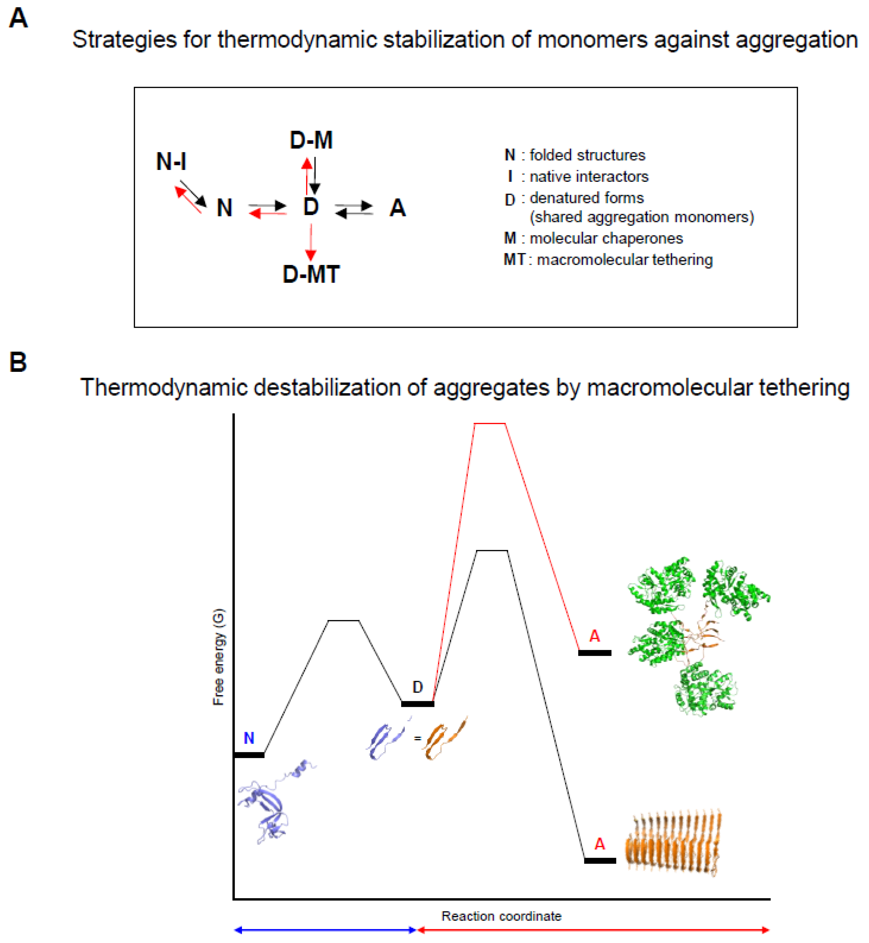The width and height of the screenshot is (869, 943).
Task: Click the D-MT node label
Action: [311, 275]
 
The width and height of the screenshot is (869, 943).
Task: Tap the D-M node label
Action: [311, 140]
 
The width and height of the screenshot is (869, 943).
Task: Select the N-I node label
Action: [171, 162]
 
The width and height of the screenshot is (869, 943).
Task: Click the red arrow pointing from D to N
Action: [268, 214]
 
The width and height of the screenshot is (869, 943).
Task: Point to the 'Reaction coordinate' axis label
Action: [501, 916]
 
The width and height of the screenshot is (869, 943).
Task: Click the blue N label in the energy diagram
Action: [249, 738]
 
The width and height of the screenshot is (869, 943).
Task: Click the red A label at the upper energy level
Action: [594, 636]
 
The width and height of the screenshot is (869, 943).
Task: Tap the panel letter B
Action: [18, 362]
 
